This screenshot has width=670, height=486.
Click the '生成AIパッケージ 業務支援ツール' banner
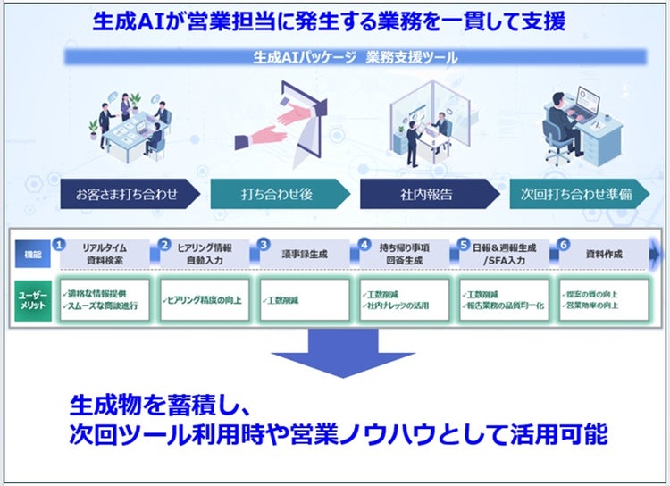[x=355, y=57]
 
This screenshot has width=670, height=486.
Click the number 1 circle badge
[x=59, y=243]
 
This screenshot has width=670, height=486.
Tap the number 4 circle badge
[x=364, y=243]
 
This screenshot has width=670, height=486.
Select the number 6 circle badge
[x=563, y=243]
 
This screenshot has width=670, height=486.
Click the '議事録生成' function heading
[x=305, y=255]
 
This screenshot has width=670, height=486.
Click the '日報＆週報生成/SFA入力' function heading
[x=505, y=255]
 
